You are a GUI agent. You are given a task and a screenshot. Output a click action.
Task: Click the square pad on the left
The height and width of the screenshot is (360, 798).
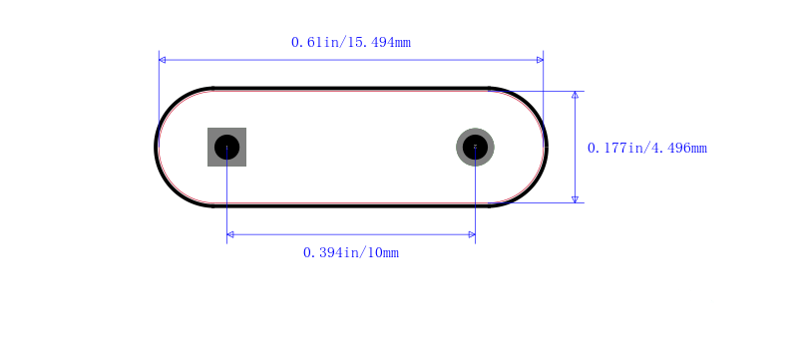coord(227,147)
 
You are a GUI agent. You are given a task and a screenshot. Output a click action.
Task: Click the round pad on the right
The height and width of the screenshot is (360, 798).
coord(476,147)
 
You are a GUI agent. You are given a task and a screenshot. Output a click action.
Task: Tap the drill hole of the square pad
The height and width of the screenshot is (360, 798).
coord(227,147)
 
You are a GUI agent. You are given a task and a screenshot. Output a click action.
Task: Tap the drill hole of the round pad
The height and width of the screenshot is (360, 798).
coord(476,147)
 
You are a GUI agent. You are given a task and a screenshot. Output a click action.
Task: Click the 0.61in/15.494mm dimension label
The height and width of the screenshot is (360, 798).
coord(351,42)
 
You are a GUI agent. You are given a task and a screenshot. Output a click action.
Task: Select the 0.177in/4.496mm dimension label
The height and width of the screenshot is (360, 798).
coord(646,148)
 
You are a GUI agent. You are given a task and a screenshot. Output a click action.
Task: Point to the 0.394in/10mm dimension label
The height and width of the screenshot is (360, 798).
coord(351,252)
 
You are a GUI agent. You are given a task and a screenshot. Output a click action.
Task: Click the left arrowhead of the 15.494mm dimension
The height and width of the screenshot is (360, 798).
coord(162,60)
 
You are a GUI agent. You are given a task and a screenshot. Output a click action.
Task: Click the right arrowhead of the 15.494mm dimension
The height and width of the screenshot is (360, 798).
coord(540,60)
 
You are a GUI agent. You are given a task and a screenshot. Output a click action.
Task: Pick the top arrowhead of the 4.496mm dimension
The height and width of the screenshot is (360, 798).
coord(576,95)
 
